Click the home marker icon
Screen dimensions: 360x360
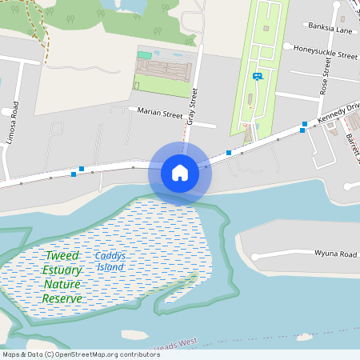(180, 172)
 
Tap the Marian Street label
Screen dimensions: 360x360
(160, 114)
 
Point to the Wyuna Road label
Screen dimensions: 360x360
(335, 254)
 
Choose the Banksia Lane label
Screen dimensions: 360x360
(330, 30)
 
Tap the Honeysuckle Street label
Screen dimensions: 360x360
(325, 56)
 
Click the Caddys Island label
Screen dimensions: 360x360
(110, 261)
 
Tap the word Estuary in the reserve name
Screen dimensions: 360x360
(62, 270)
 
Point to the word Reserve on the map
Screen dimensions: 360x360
(62, 298)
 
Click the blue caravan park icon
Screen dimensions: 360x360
(257, 77)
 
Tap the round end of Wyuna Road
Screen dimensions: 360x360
(255, 256)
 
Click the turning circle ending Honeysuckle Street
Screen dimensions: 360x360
(286, 47)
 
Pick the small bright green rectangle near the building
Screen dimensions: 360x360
(144, 54)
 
